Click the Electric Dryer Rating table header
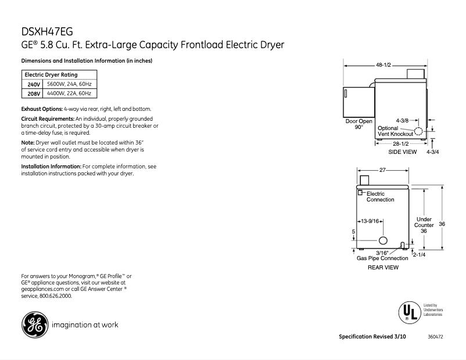[51, 75]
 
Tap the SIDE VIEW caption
[403, 152]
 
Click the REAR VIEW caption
[383, 268]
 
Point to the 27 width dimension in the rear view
[383, 170]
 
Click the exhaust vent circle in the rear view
[383, 241]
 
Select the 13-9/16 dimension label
[370, 221]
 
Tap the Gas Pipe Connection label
[382, 258]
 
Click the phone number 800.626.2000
[56, 296]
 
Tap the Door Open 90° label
[359, 124]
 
